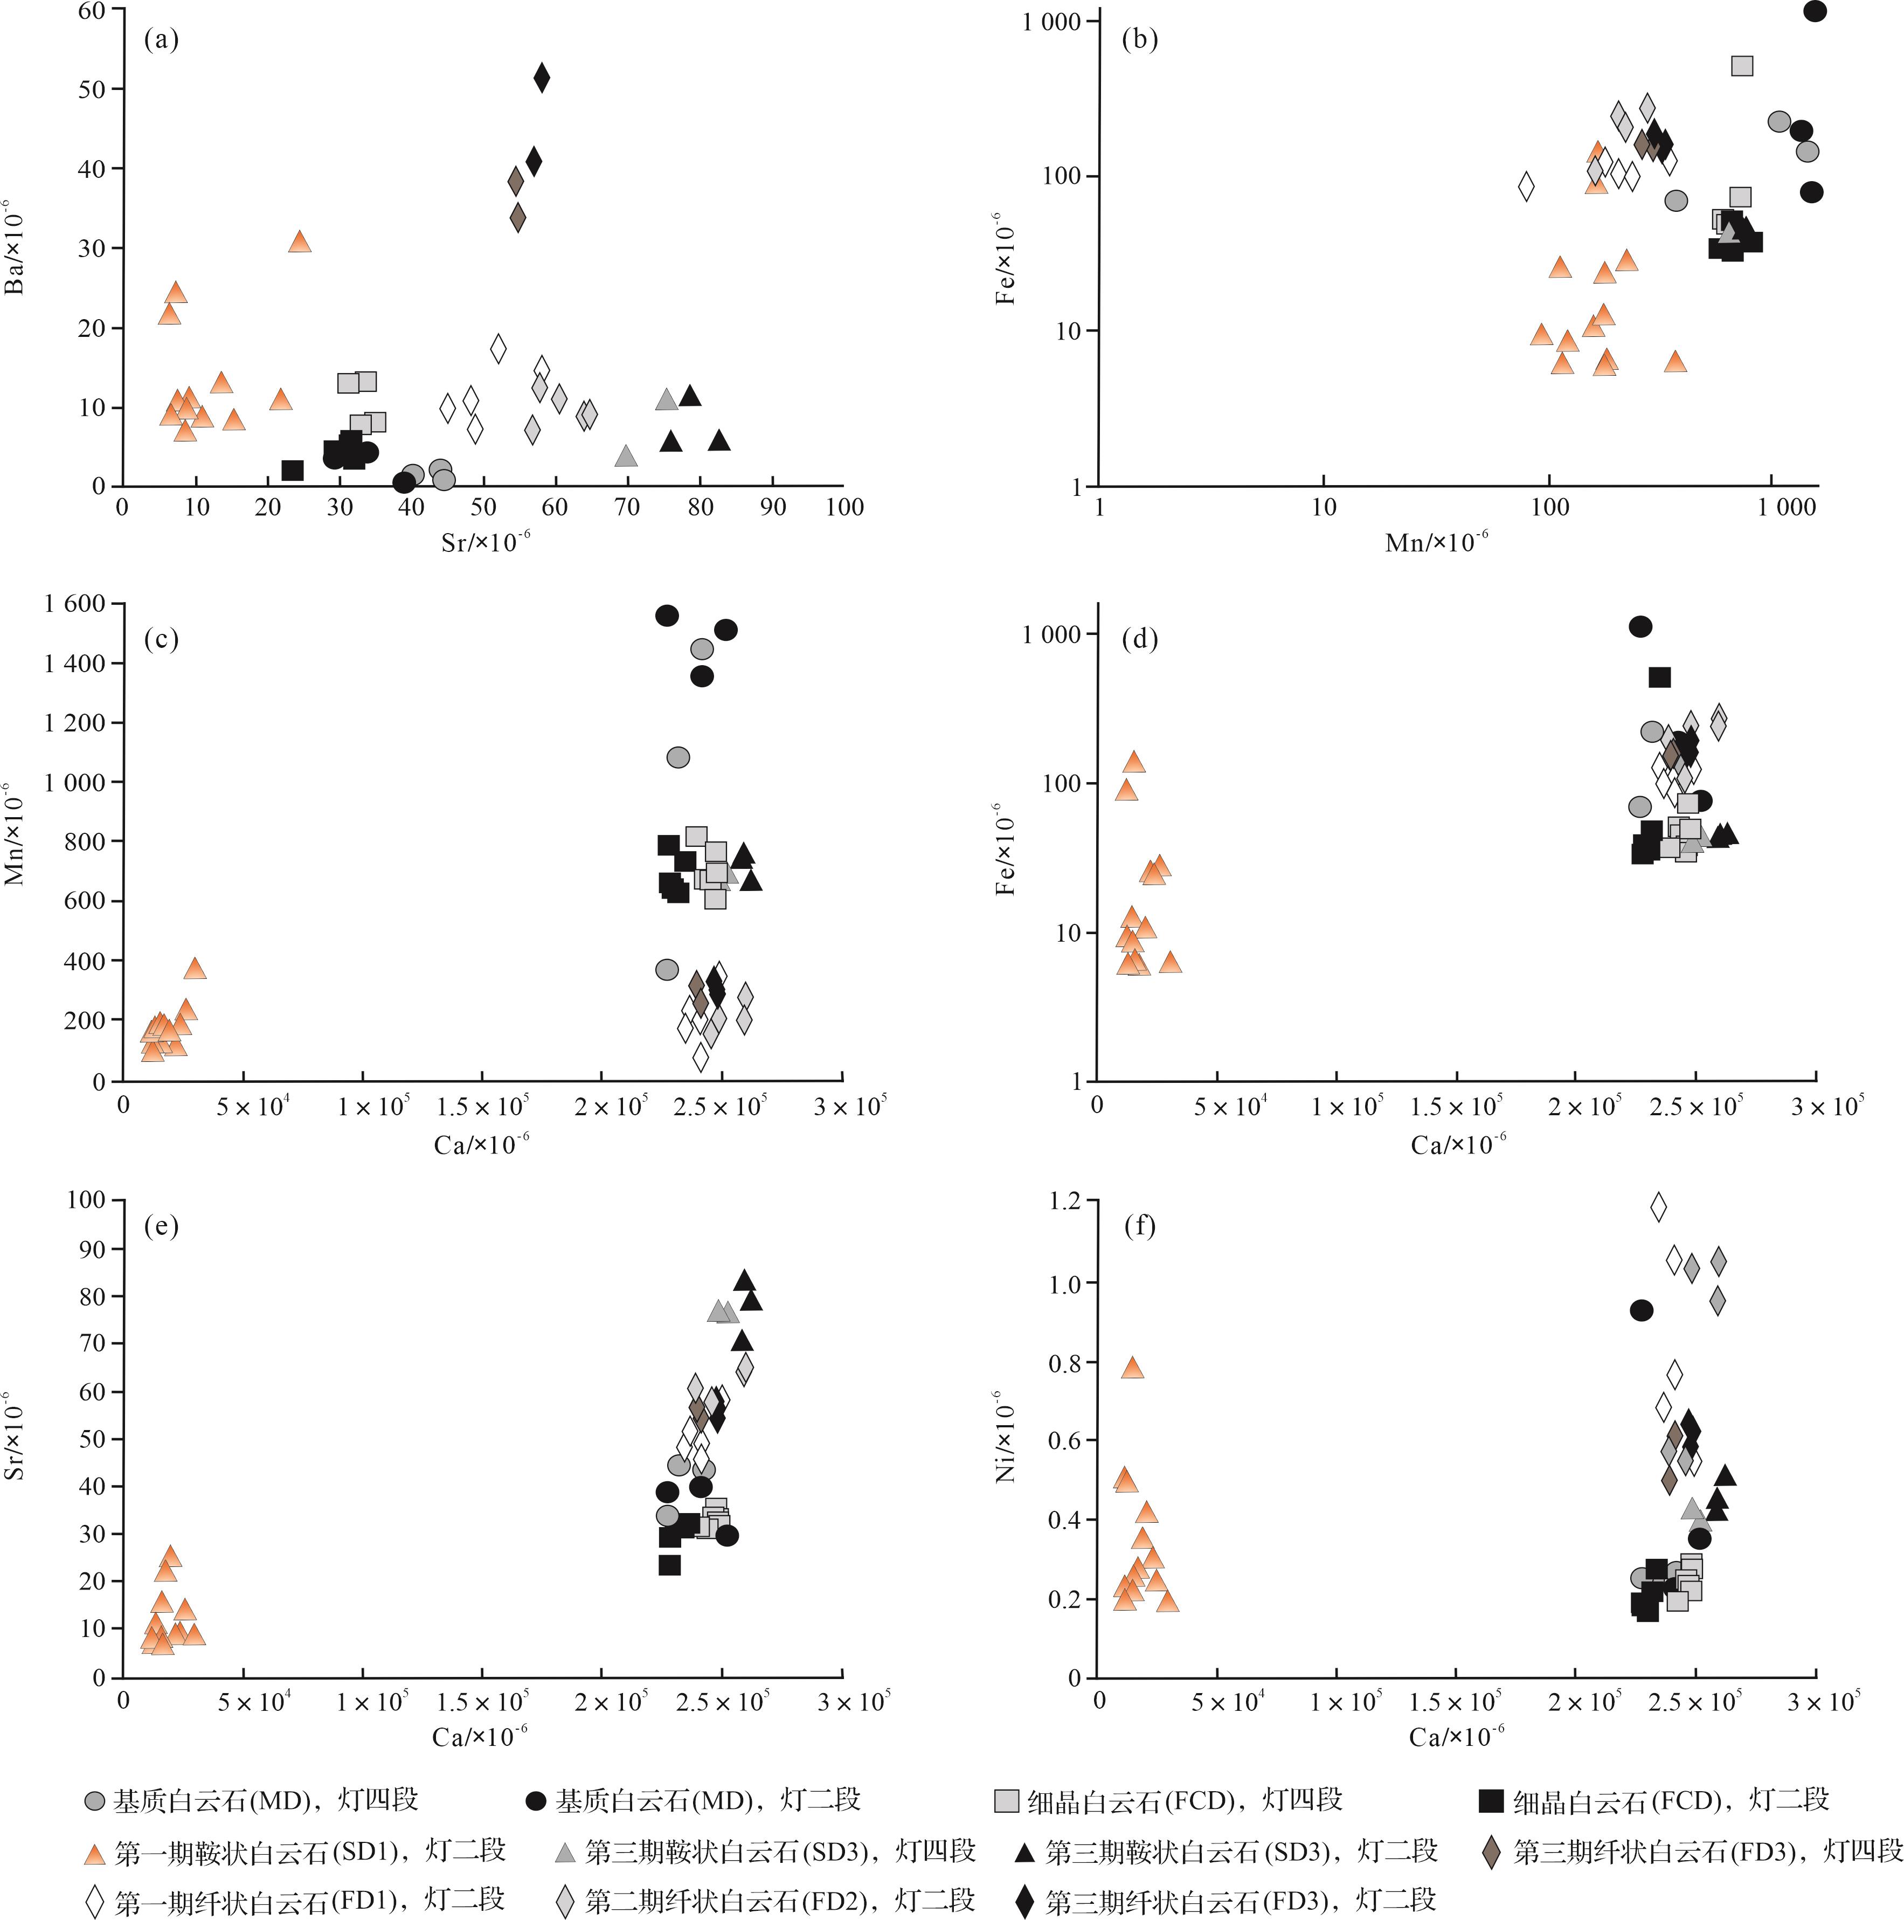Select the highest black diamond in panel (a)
point(542,77)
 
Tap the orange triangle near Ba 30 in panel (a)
point(299,241)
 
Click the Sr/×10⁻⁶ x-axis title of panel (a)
point(484,542)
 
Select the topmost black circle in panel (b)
point(1815,11)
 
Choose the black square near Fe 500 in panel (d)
point(1659,678)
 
